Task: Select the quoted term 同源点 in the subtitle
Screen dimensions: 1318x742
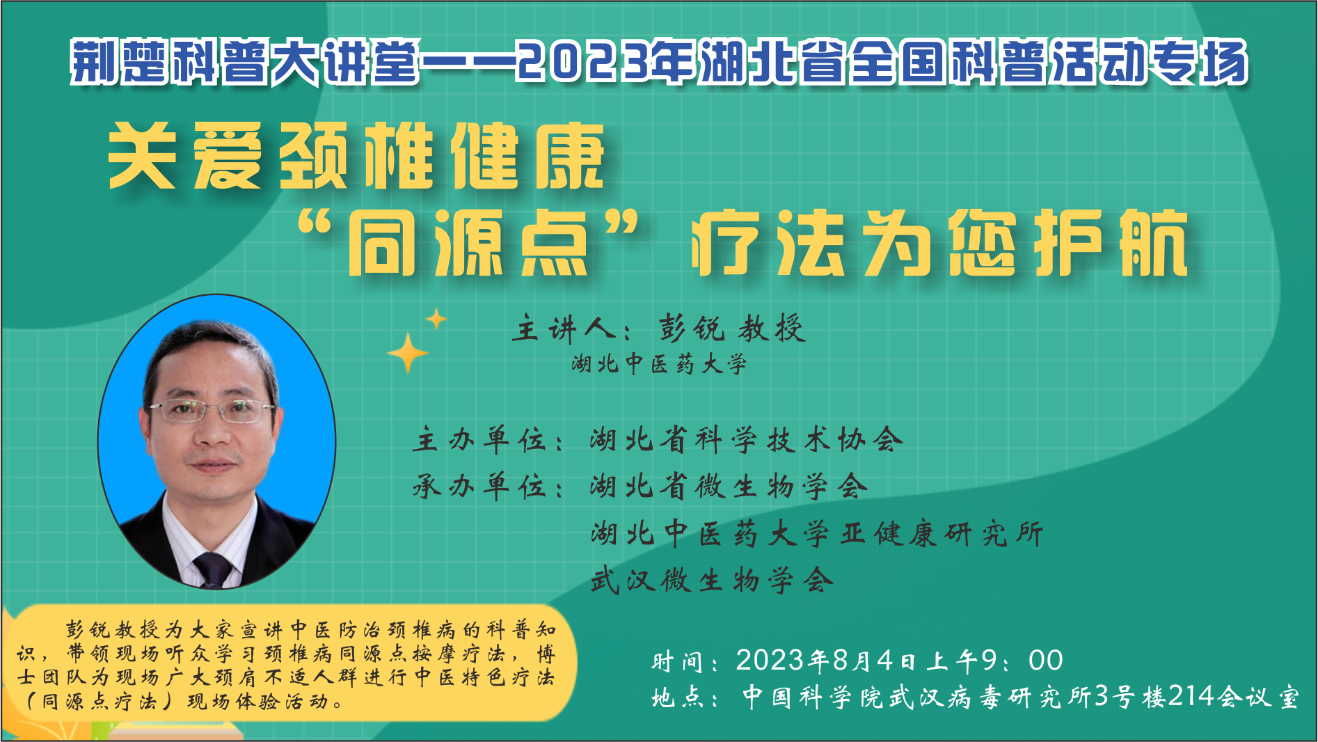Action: pos(468,243)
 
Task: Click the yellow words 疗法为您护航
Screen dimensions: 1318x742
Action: pos(939,243)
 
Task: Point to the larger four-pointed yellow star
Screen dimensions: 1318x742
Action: pos(408,354)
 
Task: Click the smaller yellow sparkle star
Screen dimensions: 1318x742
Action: pos(436,319)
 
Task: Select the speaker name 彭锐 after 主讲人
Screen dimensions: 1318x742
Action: pos(692,329)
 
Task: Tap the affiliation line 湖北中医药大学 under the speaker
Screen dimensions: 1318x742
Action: pos(659,363)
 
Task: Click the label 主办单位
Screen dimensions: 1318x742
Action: pos(480,440)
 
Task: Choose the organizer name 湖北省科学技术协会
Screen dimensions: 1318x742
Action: pos(747,439)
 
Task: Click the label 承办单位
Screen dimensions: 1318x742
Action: pos(480,486)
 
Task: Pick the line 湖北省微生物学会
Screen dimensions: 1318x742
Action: pos(729,486)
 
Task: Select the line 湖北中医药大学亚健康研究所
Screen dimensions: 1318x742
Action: pos(817,534)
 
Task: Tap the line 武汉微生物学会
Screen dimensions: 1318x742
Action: pos(712,580)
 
